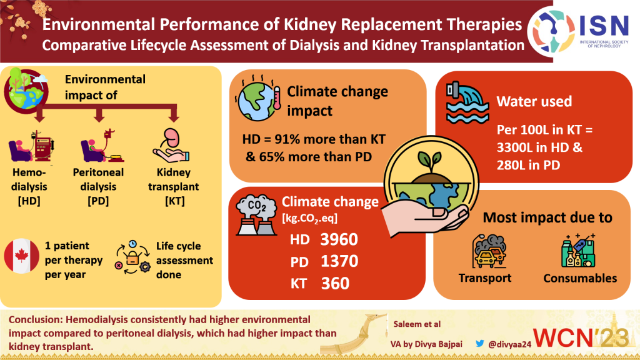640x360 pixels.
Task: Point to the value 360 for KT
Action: [x=336, y=282]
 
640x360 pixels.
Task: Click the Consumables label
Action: [x=580, y=278]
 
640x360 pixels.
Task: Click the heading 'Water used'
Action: [x=534, y=101]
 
